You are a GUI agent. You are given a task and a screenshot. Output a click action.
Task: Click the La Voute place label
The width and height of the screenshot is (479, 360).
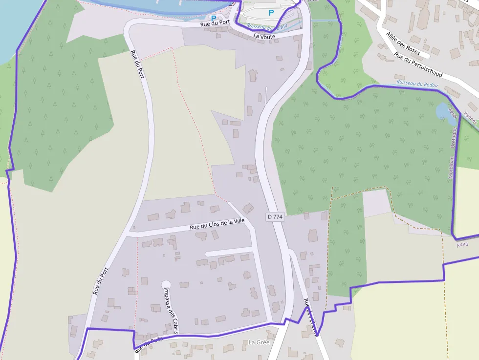pos(264,36)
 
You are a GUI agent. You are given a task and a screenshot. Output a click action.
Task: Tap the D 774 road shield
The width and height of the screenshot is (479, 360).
pos(275,216)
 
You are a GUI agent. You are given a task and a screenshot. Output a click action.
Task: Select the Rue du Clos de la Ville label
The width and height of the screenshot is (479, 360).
pos(217,225)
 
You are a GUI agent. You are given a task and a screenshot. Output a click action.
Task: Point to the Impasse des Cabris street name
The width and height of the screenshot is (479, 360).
pos(171,309)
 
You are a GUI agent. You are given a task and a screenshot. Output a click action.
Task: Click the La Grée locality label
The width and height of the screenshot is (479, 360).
pos(259,342)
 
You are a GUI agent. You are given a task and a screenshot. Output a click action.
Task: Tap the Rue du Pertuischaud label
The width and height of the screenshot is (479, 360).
pos(418,65)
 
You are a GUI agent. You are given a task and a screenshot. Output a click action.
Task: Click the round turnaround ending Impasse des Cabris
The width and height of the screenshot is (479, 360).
pos(166,284)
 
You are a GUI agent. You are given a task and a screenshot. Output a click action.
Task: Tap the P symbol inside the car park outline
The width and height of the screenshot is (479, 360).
pos(270,13)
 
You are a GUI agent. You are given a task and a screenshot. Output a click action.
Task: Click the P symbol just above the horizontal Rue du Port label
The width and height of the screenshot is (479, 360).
pos(213,18)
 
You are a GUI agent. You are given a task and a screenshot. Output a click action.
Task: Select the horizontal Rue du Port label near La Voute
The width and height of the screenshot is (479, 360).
pos(214,24)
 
